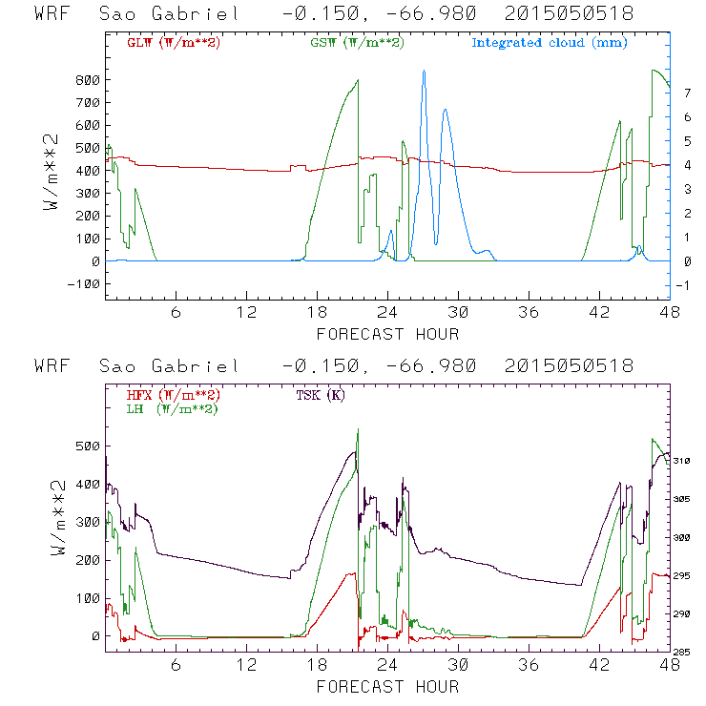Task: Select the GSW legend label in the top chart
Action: point(357,43)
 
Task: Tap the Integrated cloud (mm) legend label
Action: point(550,43)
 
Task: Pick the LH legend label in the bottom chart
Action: point(169,408)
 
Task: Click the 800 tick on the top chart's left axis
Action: point(88,80)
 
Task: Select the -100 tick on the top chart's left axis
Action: point(85,284)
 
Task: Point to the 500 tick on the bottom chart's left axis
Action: point(88,446)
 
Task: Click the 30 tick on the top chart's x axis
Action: point(460,312)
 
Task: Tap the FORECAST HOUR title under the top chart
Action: point(387,333)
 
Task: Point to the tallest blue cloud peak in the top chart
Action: point(424,72)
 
